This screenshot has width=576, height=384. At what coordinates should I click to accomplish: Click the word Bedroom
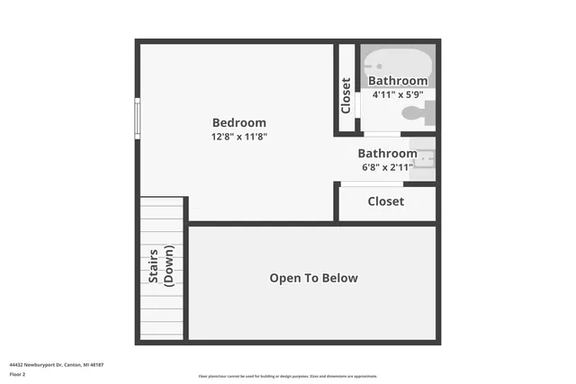pyautogui.click(x=239, y=123)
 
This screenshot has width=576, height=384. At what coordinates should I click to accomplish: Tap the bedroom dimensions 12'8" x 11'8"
pyautogui.click(x=239, y=137)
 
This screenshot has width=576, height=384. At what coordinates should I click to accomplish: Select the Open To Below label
pyautogui.click(x=313, y=278)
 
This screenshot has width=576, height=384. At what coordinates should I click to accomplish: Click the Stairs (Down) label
pyautogui.click(x=161, y=266)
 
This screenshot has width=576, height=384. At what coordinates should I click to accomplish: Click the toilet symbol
pyautogui.click(x=417, y=112)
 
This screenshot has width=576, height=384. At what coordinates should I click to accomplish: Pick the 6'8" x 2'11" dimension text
pyautogui.click(x=387, y=167)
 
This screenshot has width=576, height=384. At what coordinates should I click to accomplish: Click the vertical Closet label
pyautogui.click(x=346, y=95)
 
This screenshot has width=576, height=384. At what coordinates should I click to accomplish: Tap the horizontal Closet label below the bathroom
pyautogui.click(x=385, y=201)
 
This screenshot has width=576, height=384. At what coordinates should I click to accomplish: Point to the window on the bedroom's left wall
pyautogui.click(x=138, y=118)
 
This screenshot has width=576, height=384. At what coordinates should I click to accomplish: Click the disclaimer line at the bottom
pyautogui.click(x=288, y=376)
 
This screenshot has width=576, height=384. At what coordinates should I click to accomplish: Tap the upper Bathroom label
pyautogui.click(x=397, y=81)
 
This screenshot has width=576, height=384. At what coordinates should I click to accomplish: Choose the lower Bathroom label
pyautogui.click(x=387, y=154)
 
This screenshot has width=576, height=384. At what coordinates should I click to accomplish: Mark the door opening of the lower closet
pyautogui.click(x=371, y=184)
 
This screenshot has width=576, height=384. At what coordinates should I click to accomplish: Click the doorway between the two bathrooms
pyautogui.click(x=381, y=134)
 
